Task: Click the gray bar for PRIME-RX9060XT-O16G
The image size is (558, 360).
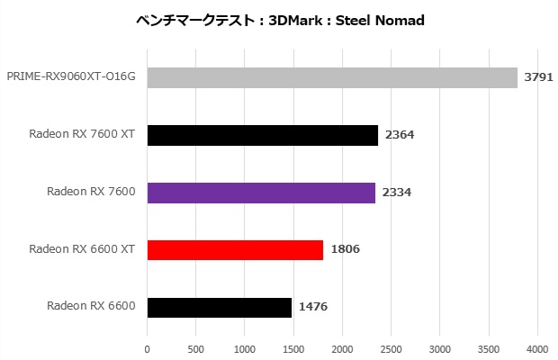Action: pyautogui.click(x=332, y=77)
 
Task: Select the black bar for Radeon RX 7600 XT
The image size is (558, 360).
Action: pyautogui.click(x=263, y=135)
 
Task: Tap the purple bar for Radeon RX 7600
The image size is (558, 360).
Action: pyautogui.click(x=261, y=193)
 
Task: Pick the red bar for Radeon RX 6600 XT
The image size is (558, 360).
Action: pyautogui.click(x=235, y=249)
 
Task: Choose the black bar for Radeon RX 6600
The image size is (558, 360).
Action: pyautogui.click(x=219, y=307)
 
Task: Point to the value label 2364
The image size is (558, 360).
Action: pyautogui.click(x=399, y=135)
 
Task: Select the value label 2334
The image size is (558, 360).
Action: pyautogui.click(x=396, y=193)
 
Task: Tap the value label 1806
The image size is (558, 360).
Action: pyautogui.click(x=345, y=249)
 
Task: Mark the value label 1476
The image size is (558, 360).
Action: pyautogui.click(x=312, y=307)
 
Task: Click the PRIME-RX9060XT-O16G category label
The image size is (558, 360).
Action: pyautogui.click(x=71, y=77)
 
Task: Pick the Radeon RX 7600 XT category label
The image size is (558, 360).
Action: pyautogui.click(x=82, y=135)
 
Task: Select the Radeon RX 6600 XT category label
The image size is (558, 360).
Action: pyautogui.click(x=82, y=249)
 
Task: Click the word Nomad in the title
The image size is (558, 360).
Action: pyautogui.click(x=401, y=20)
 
